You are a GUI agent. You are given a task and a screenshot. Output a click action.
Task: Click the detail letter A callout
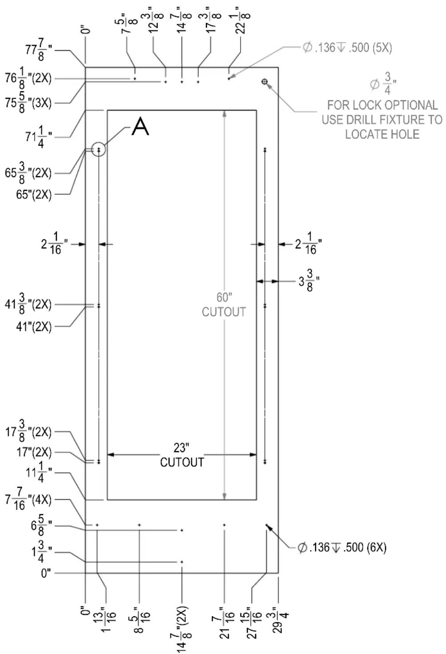pos(140,126)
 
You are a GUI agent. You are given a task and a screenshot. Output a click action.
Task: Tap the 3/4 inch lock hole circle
pos(265,81)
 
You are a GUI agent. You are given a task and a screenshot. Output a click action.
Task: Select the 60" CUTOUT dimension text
pos(224,304)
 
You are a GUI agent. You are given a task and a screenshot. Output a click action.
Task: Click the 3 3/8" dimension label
pos(309,281)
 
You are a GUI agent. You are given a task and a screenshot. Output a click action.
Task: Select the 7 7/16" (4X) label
pos(28,500)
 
